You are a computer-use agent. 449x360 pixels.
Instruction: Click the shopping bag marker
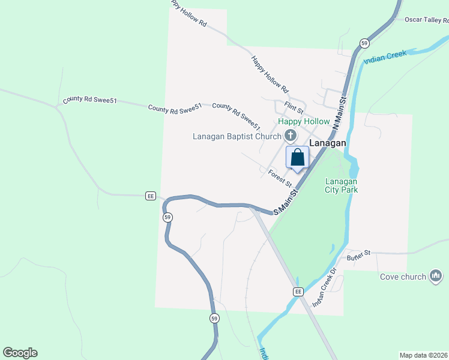point(297,158)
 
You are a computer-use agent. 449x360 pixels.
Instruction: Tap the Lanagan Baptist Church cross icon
point(291,136)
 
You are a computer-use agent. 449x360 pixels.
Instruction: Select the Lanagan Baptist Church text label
point(237,136)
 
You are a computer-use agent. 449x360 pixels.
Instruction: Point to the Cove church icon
point(436,276)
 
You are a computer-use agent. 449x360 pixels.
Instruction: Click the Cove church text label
point(402,277)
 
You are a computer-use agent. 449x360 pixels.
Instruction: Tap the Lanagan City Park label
point(342,185)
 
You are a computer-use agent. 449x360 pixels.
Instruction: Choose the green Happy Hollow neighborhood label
point(304,122)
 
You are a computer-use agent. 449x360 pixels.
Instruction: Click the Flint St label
point(294,109)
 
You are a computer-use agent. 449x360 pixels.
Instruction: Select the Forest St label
point(280,178)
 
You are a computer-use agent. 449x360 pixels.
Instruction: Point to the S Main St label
point(286,203)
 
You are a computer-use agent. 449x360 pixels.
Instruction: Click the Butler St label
point(360,255)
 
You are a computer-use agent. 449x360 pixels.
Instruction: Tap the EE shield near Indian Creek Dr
point(298,291)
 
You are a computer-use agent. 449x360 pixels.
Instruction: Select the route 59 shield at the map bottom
point(214,319)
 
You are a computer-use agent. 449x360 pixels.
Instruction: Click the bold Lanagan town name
point(327,143)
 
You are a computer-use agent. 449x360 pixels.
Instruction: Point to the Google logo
point(20,353)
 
